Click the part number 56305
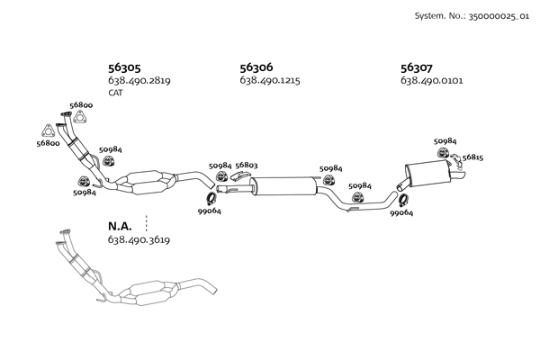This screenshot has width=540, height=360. [124, 67]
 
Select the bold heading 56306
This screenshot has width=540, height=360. [256, 67]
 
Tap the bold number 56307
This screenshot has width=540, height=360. [417, 67]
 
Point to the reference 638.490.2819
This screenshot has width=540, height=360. [139, 81]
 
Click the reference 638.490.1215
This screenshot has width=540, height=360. [270, 81]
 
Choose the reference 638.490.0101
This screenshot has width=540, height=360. [432, 81]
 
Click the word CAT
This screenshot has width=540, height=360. [115, 93]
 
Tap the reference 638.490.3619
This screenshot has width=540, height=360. [139, 240]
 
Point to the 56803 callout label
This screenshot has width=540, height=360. [247, 166]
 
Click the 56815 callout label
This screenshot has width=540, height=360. [472, 157]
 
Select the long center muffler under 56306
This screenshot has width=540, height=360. [283, 187]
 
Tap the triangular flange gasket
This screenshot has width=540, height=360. [49, 128]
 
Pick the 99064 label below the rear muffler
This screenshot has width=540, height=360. [401, 213]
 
